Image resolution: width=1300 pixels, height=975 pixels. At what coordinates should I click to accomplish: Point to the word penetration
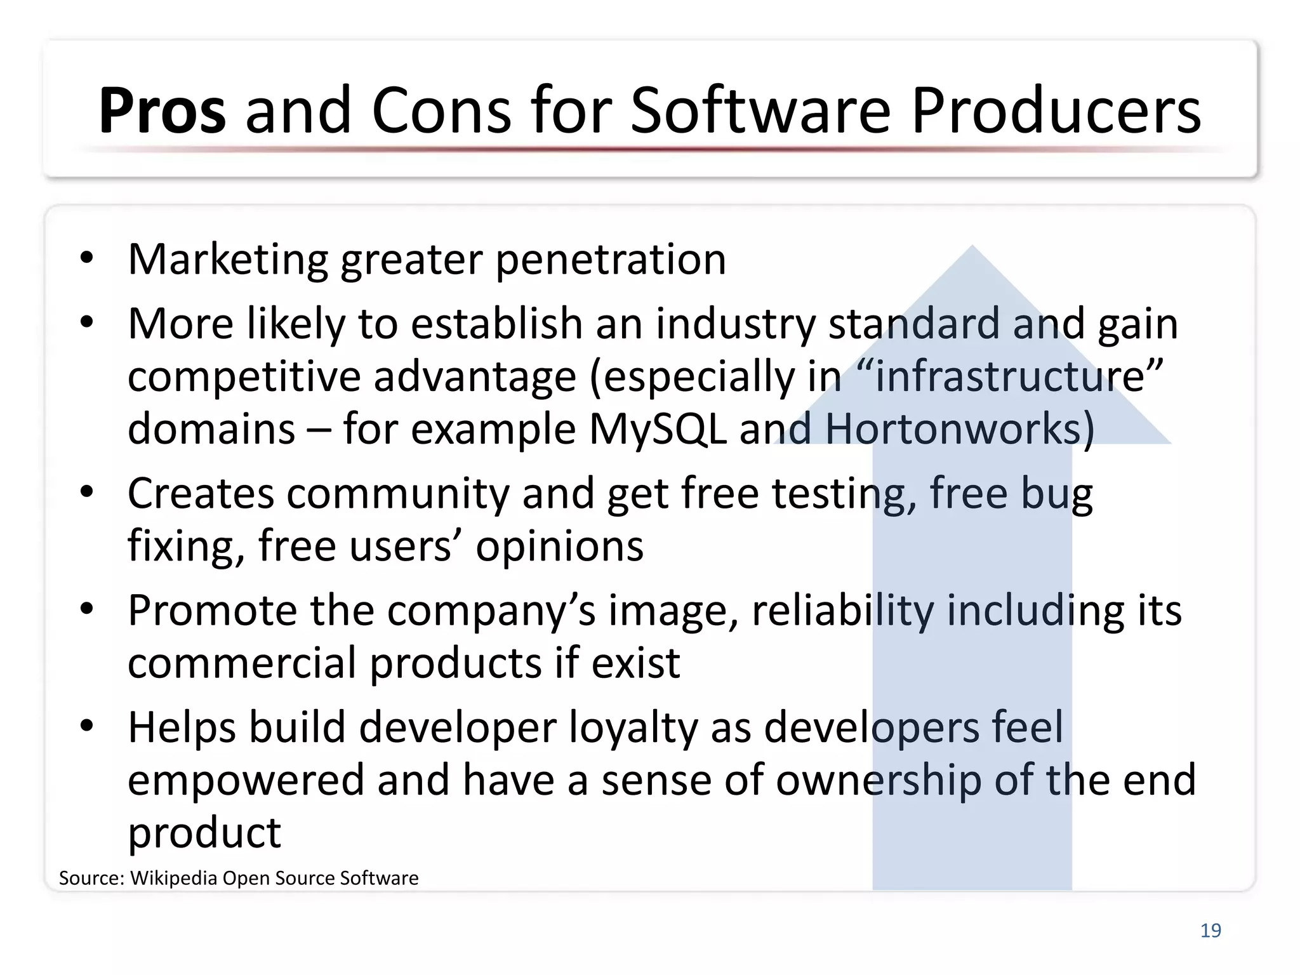[x=610, y=260]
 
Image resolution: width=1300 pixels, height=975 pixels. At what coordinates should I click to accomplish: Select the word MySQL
[x=658, y=429]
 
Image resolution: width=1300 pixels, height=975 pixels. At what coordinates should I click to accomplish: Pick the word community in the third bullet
[x=398, y=494]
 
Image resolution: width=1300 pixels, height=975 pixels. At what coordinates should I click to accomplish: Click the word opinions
[x=559, y=547]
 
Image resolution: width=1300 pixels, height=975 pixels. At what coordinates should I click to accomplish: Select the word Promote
[x=212, y=611]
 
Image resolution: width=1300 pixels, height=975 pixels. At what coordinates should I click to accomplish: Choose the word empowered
[x=246, y=780]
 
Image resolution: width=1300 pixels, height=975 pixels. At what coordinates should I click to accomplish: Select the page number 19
[x=1210, y=931]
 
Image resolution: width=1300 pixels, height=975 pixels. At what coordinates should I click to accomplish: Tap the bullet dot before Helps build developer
[x=87, y=725]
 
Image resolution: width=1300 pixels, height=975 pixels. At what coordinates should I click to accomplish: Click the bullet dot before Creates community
[x=87, y=491]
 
